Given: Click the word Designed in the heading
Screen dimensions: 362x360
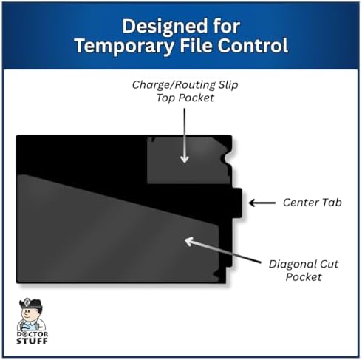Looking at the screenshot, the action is point(165,27).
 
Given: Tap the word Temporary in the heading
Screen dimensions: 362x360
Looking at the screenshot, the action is point(124,46).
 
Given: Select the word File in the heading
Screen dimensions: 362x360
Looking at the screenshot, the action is point(196,45).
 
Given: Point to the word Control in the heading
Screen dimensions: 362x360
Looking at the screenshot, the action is point(253,45).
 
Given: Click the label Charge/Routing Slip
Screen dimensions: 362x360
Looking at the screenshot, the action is point(185,85).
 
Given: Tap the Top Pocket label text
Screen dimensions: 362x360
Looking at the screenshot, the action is point(185,98).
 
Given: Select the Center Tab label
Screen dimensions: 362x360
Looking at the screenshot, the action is point(313,203).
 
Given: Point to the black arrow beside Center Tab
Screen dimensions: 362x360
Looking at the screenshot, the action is point(262,203).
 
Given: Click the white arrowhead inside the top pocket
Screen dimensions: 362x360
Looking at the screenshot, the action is point(185,159).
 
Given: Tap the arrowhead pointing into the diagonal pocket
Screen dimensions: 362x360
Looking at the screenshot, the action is point(189,241).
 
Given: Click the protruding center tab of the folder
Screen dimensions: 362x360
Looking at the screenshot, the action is point(237,203).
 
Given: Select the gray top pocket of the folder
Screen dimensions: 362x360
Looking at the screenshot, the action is point(188,160).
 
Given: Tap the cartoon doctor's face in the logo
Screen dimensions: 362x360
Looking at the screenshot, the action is point(29,312).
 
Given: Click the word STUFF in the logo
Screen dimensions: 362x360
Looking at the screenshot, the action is point(32,341).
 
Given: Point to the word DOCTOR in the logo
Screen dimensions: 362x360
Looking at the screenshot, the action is point(33,334).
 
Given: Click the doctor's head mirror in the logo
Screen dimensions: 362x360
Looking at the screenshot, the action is point(27,302).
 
